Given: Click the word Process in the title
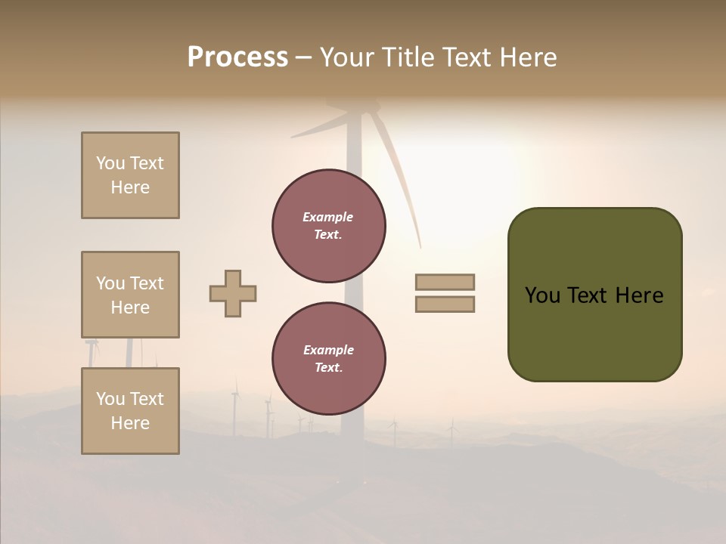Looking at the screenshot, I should pyautogui.click(x=237, y=57).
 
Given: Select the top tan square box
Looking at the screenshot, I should pyautogui.click(x=130, y=175).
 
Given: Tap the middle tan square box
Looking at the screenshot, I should pyautogui.click(x=130, y=295).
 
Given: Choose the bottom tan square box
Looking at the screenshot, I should pyautogui.click(x=130, y=411).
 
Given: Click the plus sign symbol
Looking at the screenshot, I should pyautogui.click(x=233, y=293).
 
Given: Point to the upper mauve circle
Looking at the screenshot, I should pyautogui.click(x=329, y=226).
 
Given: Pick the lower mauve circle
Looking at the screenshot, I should pyautogui.click(x=329, y=359).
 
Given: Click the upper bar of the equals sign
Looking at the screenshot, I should pyautogui.click(x=445, y=282).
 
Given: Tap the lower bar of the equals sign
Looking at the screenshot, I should pyautogui.click(x=445, y=304).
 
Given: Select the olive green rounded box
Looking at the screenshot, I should pyautogui.click(x=594, y=294).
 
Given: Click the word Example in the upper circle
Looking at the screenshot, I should pyautogui.click(x=328, y=217).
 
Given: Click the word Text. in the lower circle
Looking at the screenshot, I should pyautogui.click(x=328, y=368).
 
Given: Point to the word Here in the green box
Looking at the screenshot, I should pyautogui.click(x=639, y=295).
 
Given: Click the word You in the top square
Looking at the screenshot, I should pyautogui.click(x=110, y=163).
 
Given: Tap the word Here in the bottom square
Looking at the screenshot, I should pyautogui.click(x=130, y=423).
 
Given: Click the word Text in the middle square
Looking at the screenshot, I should pyautogui.click(x=146, y=283).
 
